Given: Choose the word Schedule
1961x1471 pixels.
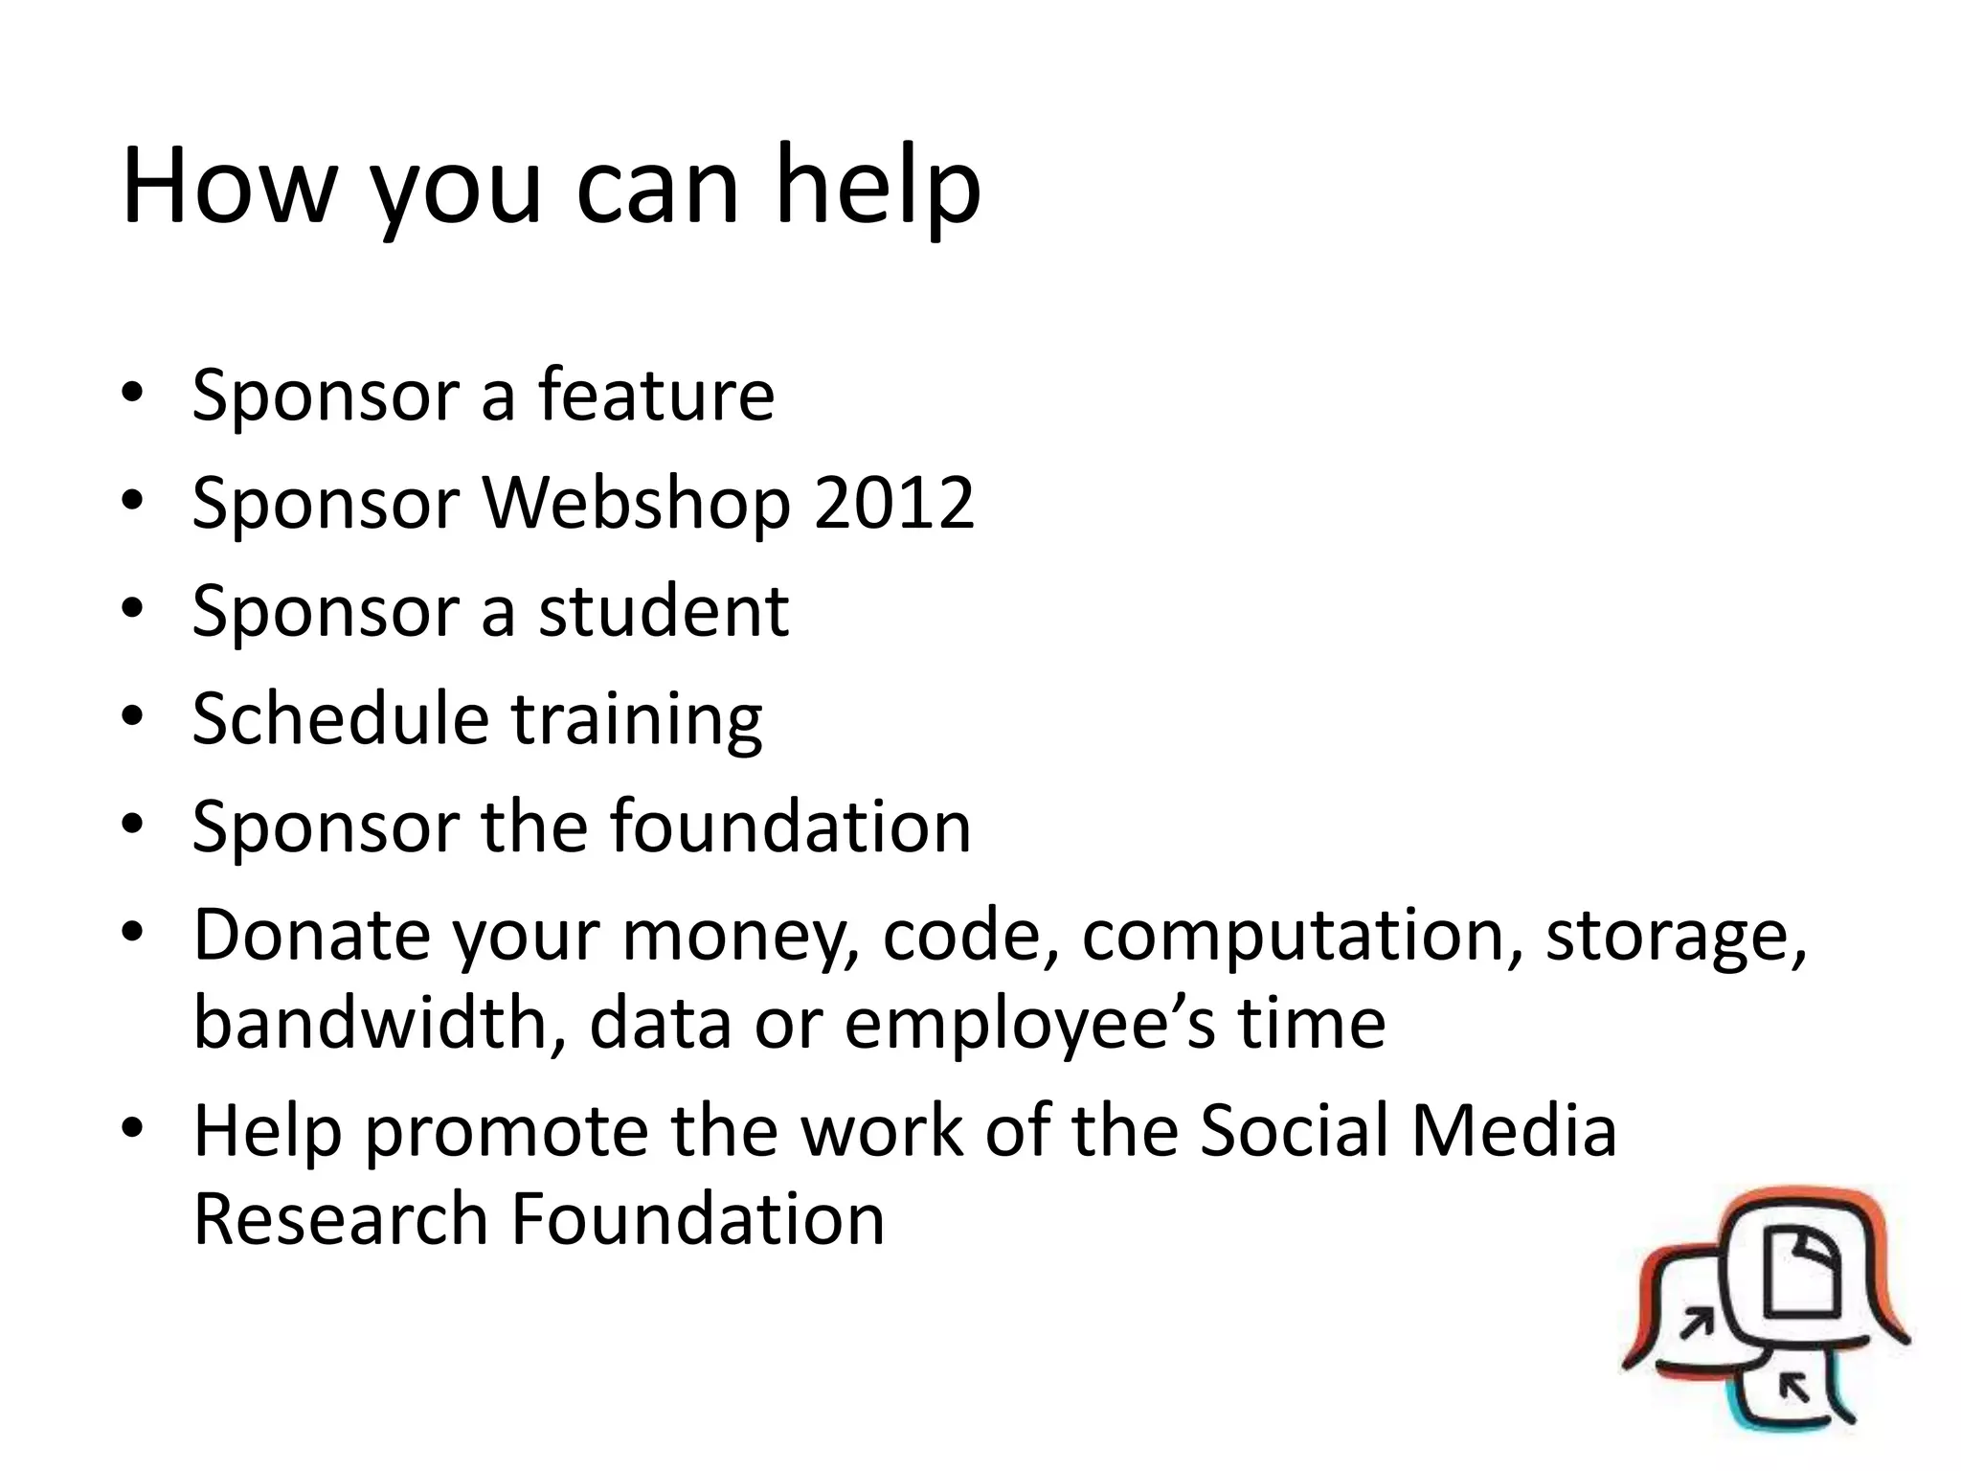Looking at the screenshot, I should pos(340,718).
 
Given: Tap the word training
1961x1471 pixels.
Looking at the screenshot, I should pos(637,720).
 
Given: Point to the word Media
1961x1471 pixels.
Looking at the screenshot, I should pos(1514,1130).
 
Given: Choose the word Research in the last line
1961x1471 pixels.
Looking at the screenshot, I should pos(340,1218).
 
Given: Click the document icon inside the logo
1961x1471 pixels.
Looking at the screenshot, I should pos(1801,1275).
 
